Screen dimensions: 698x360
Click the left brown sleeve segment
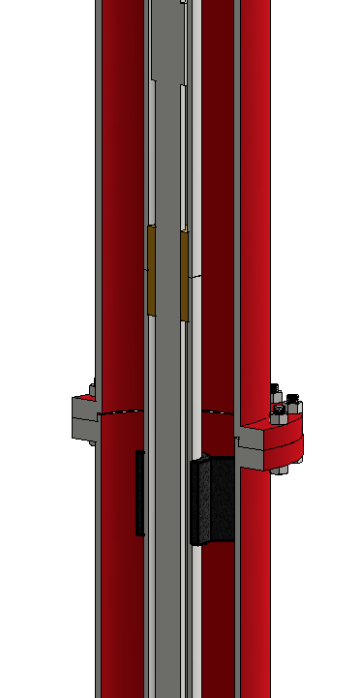151,270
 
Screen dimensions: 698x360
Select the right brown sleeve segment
184,276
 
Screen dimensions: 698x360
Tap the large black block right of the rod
215,500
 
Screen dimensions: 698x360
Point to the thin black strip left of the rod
139,493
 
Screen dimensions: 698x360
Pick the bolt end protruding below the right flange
280,470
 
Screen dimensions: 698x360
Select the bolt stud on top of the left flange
93,390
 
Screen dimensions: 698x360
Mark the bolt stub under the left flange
92,442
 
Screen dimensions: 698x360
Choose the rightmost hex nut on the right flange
295,408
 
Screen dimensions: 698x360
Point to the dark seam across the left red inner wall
122,412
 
